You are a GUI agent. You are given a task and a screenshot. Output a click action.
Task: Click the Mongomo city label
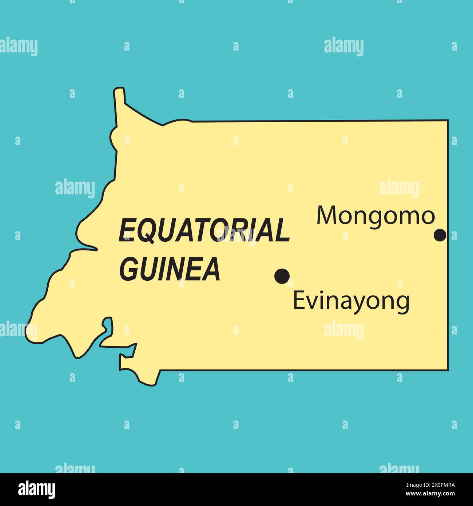click(375, 216)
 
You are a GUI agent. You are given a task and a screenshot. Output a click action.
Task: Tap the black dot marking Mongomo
click(440, 235)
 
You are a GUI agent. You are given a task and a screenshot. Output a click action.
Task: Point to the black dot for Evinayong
click(282, 276)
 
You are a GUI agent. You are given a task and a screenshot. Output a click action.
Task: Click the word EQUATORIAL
click(204, 230)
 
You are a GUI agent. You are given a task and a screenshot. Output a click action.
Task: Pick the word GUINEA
click(170, 269)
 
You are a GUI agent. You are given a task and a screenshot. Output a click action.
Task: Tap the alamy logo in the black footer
click(37, 489)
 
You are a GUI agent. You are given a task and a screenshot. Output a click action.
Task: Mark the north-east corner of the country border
click(448, 120)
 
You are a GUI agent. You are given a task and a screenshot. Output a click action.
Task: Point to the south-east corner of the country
click(448, 370)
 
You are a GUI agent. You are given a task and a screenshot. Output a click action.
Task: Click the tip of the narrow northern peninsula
click(119, 89)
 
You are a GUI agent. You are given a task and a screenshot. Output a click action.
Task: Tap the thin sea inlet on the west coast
click(87, 248)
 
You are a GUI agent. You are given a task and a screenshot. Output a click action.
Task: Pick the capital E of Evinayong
click(298, 301)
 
